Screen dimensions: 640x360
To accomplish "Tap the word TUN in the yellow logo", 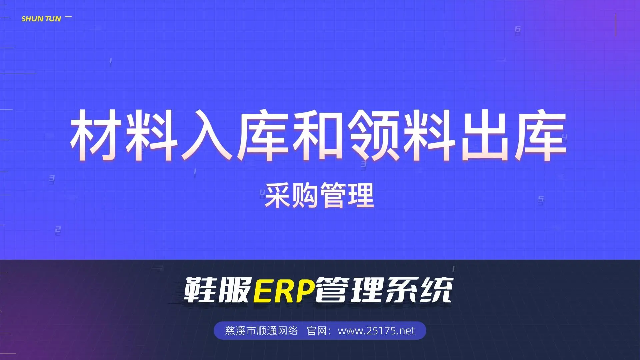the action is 53,19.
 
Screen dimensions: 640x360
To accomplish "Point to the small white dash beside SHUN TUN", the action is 68,17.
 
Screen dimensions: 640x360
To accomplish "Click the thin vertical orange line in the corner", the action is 616,25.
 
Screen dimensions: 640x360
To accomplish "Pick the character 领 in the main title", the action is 374,135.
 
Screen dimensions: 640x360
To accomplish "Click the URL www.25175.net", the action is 376,331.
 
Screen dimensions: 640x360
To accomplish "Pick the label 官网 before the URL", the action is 316,331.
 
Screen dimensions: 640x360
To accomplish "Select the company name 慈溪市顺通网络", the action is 262,331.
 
